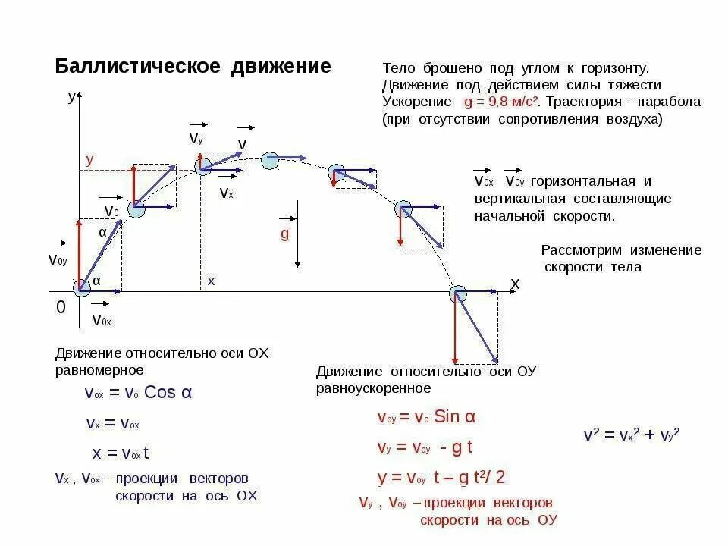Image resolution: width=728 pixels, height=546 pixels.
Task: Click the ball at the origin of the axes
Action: pyautogui.click(x=81, y=287)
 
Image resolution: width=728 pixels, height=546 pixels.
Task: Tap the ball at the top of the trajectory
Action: pyautogui.click(x=269, y=160)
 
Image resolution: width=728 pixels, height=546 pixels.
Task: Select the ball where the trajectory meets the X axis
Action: pyautogui.click(x=457, y=293)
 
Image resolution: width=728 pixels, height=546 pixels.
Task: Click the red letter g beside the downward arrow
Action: pyautogui.click(x=285, y=234)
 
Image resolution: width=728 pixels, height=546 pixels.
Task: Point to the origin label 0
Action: pyautogui.click(x=61, y=307)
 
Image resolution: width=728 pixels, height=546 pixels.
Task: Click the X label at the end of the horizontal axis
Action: pyautogui.click(x=515, y=284)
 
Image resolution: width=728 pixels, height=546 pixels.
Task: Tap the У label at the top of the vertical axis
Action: pyautogui.click(x=72, y=96)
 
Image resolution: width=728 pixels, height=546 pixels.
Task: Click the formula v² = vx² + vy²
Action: pyautogui.click(x=631, y=435)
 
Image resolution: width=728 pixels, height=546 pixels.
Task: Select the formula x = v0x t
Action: pyautogui.click(x=121, y=453)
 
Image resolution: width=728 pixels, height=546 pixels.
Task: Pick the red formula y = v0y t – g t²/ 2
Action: pyautogui.click(x=441, y=477)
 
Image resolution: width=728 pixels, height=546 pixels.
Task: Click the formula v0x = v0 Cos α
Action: pyautogui.click(x=139, y=393)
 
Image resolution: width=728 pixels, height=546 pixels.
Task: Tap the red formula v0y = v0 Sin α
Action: pyautogui.click(x=426, y=416)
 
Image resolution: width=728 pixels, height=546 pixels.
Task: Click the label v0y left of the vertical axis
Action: pyautogui.click(x=58, y=260)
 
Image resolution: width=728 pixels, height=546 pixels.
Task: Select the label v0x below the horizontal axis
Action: pyautogui.click(x=102, y=320)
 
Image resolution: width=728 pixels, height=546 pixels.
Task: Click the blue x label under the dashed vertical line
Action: pyautogui.click(x=212, y=281)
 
